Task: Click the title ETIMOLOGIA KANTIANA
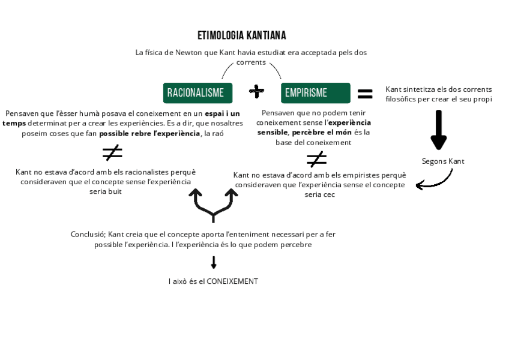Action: [242, 35]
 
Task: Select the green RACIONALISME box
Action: [197, 93]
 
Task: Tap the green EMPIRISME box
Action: [315, 93]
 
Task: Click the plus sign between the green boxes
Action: [257, 91]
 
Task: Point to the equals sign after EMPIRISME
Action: [365, 94]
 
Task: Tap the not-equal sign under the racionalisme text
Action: [112, 153]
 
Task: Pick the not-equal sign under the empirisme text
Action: [316, 159]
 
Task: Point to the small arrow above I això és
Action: [214, 262]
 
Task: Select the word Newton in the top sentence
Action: [189, 53]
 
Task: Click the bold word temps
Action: [14, 123]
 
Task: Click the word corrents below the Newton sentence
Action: [251, 62]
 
